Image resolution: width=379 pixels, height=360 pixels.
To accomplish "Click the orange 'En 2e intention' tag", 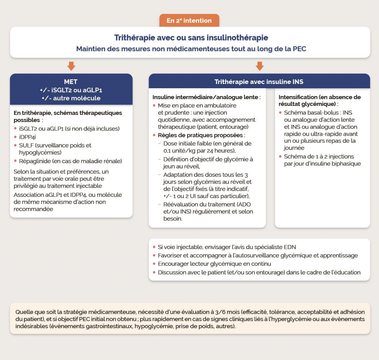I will click(189, 20).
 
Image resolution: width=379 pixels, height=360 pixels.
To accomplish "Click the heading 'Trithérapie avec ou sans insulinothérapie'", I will click(191, 38).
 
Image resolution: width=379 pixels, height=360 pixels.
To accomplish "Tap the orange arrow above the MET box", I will click(71, 66).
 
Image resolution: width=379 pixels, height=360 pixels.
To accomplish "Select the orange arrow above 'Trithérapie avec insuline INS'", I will click(260, 66).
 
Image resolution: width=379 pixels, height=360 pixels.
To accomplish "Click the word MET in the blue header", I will click(71, 82).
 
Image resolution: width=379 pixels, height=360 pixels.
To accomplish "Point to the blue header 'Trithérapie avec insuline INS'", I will click(259, 82).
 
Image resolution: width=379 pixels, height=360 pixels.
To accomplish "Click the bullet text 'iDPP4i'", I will click(27, 137).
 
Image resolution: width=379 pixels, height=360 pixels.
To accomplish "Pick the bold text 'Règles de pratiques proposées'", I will click(200, 135).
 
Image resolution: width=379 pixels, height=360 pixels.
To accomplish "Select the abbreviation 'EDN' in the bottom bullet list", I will click(289, 247).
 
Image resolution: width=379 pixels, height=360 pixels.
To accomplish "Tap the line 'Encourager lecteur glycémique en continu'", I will click(214, 264).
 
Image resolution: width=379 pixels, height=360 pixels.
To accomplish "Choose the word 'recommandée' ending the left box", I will click(33, 209).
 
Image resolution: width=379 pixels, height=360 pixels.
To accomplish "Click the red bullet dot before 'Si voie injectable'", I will click(154, 247).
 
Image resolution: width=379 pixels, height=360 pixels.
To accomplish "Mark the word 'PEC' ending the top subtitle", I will click(299, 49).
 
